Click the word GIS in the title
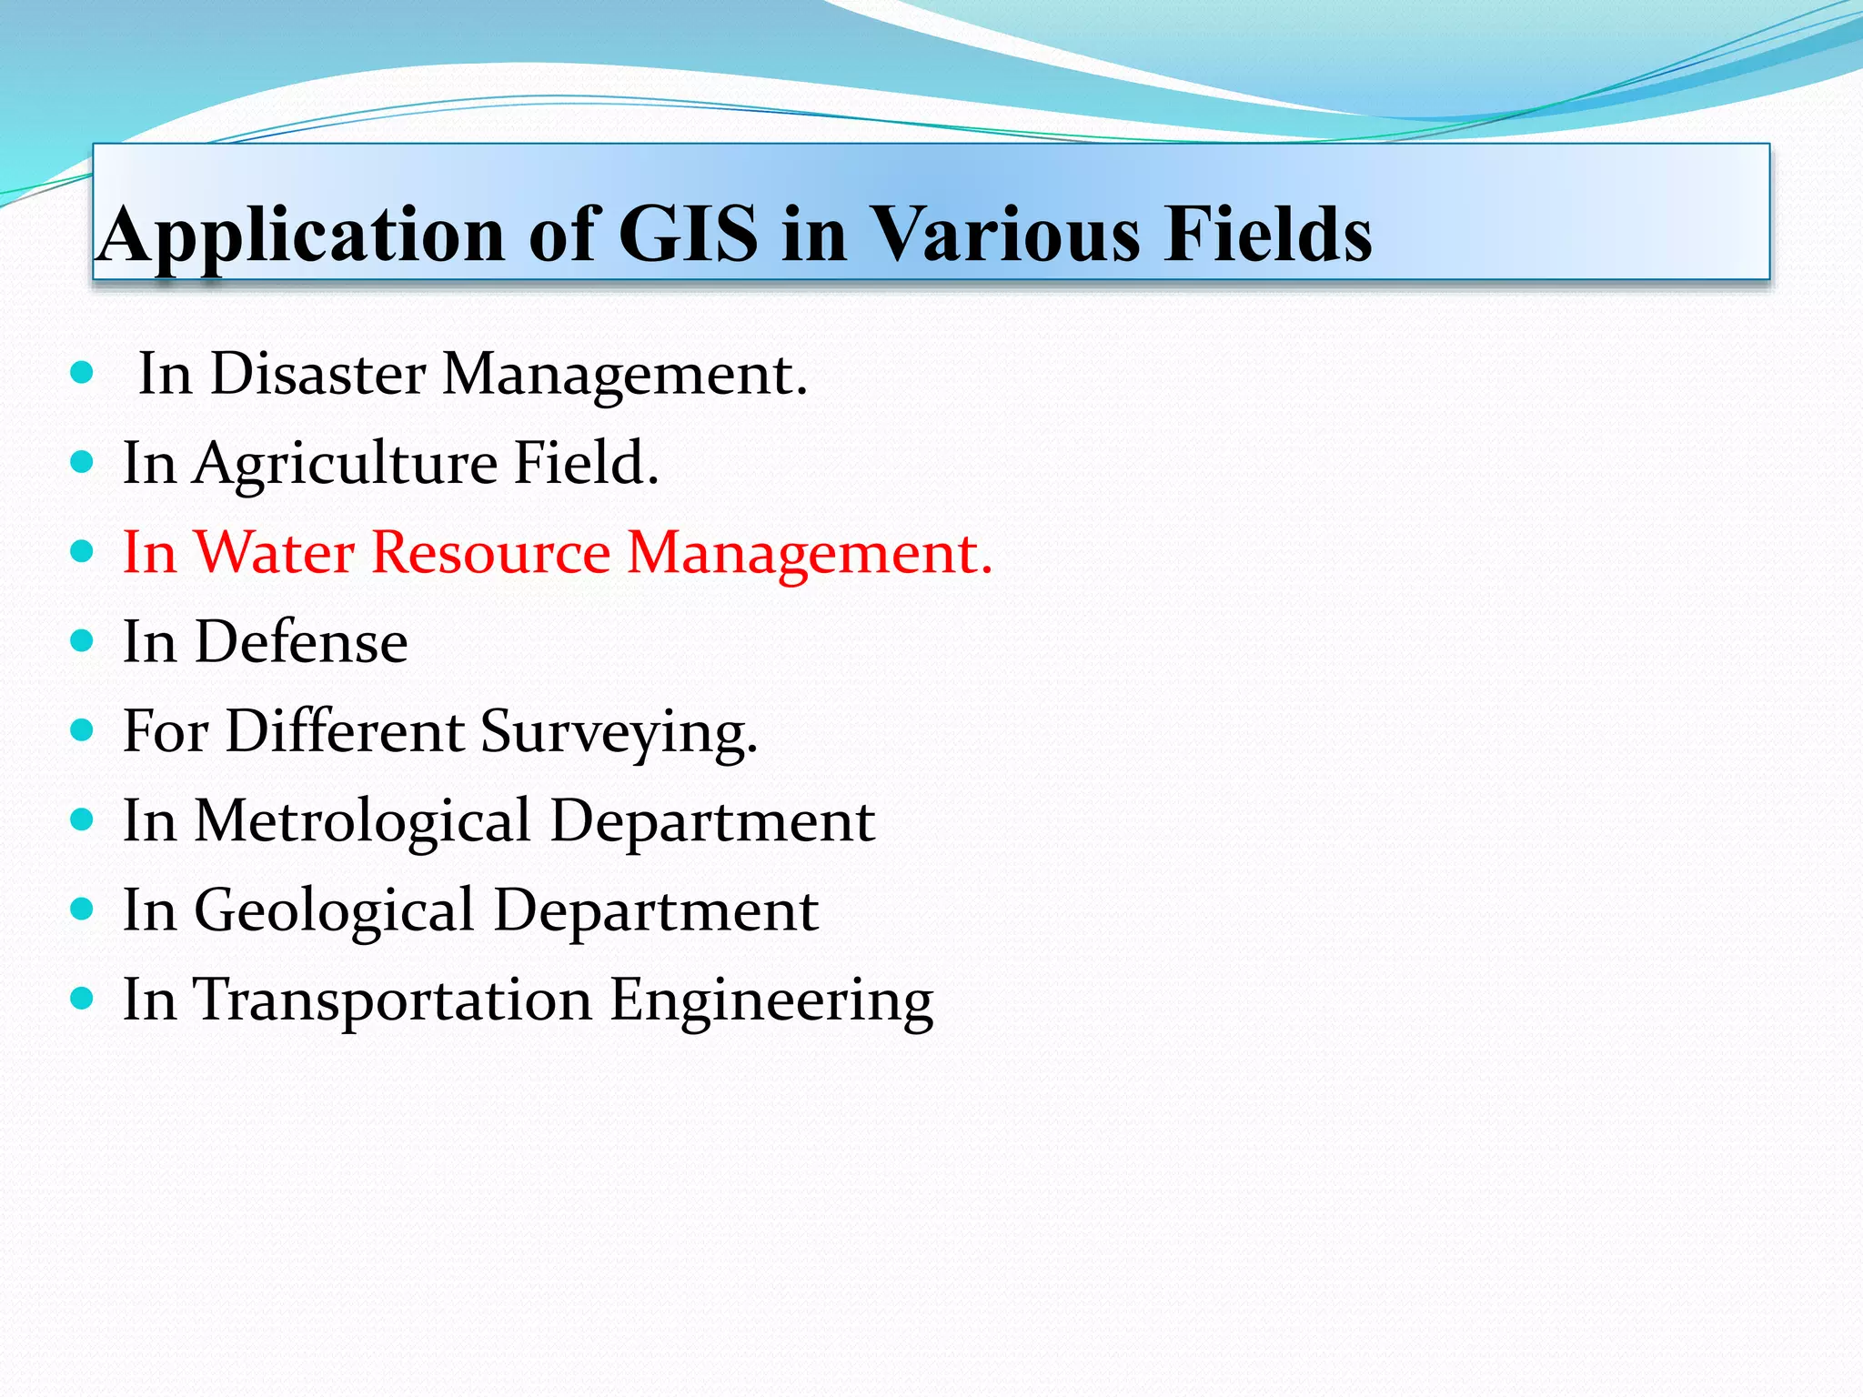tap(688, 234)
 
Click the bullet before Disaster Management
tap(82, 372)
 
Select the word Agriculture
tap(345, 464)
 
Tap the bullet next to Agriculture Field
tap(82, 462)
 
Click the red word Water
tap(275, 552)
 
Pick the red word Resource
tap(491, 552)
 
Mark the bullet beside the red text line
tap(82, 551)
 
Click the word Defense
tap(301, 642)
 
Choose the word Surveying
tap(619, 732)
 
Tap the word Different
tap(345, 730)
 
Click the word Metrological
tap(362, 821)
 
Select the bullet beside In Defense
tap(82, 641)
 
